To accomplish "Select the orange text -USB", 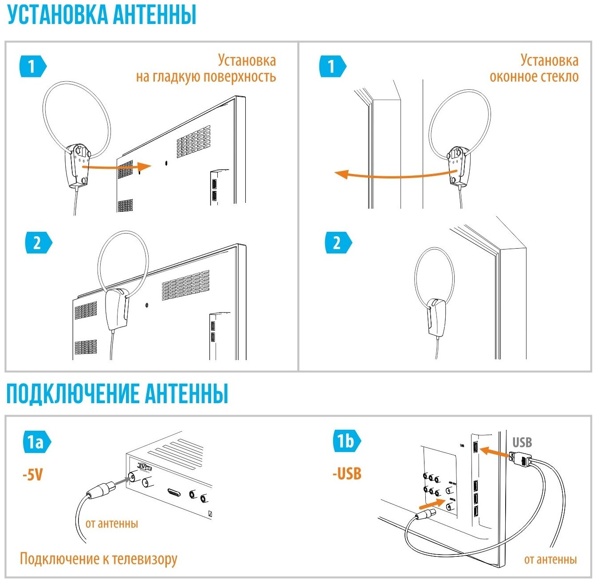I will click(x=347, y=474).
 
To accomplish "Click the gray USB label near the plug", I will click(x=522, y=442).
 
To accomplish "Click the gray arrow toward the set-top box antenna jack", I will click(x=118, y=482).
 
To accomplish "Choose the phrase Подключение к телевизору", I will click(x=98, y=559).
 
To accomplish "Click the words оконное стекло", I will click(x=534, y=77).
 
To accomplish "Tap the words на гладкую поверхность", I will click(x=206, y=77).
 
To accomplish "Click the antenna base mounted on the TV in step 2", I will click(x=116, y=309).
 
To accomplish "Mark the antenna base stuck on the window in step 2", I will click(x=436, y=316).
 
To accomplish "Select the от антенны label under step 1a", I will click(x=112, y=524).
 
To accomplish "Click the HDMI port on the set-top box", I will click(x=174, y=492).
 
